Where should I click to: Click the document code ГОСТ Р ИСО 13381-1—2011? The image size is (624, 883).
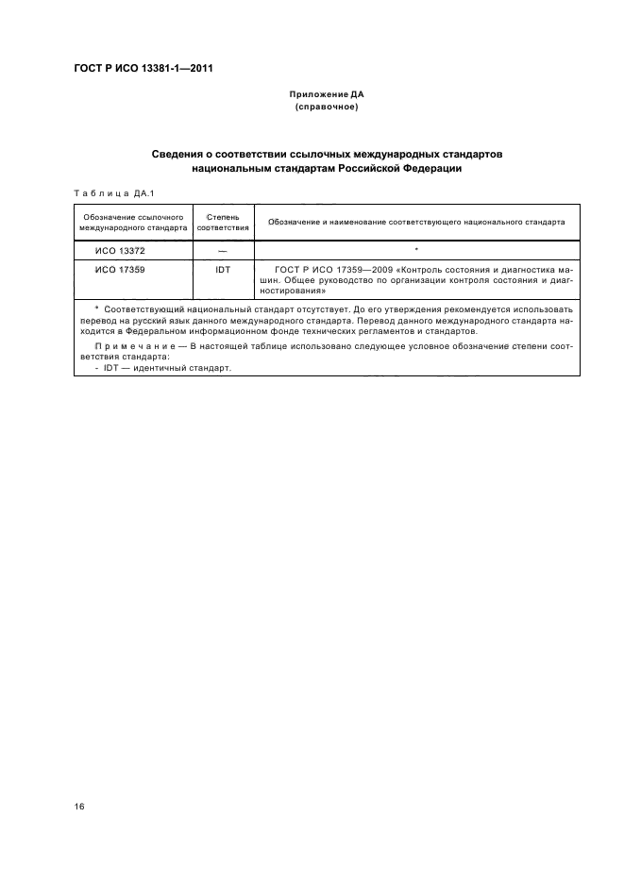(x=143, y=68)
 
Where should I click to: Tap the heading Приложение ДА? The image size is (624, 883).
(x=327, y=95)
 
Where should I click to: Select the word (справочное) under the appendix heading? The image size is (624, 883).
(x=327, y=108)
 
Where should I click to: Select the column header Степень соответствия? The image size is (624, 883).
(x=223, y=223)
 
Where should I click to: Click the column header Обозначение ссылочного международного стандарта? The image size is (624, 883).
(x=133, y=223)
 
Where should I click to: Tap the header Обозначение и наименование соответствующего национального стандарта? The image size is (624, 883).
(x=416, y=223)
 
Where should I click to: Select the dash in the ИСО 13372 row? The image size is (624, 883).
(x=223, y=251)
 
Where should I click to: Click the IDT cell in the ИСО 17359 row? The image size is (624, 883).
(x=223, y=270)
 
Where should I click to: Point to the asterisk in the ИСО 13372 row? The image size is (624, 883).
(x=415, y=250)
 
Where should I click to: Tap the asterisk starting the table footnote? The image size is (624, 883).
(x=97, y=308)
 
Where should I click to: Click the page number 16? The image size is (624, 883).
(x=78, y=808)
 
